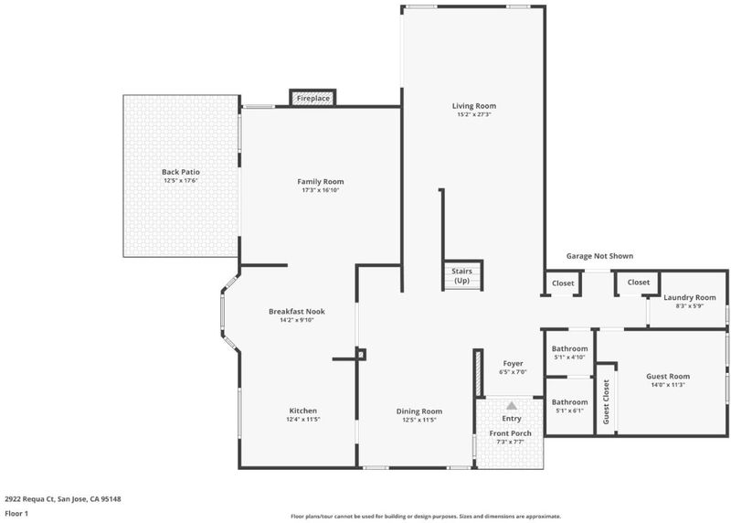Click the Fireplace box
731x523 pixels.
coord(313,98)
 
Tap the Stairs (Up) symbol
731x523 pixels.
coord(462,275)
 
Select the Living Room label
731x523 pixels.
coord(474,106)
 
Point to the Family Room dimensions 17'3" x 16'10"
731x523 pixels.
coord(321,190)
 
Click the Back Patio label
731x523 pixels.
coord(181,172)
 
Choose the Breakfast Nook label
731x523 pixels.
coord(297,311)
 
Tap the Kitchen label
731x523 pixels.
coord(303,411)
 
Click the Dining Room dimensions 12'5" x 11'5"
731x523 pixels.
coord(419,420)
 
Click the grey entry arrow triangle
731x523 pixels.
coord(512,405)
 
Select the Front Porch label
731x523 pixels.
coord(511,433)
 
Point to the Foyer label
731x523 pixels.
coord(513,363)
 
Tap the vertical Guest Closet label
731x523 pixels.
coord(606,401)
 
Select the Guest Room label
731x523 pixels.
coord(668,376)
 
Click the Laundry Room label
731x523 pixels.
coord(690,298)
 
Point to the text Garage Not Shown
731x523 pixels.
coord(599,256)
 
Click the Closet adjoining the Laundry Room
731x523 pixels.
coord(638,283)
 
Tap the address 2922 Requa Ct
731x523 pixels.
coord(30,498)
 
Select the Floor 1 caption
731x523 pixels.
coord(16,513)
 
